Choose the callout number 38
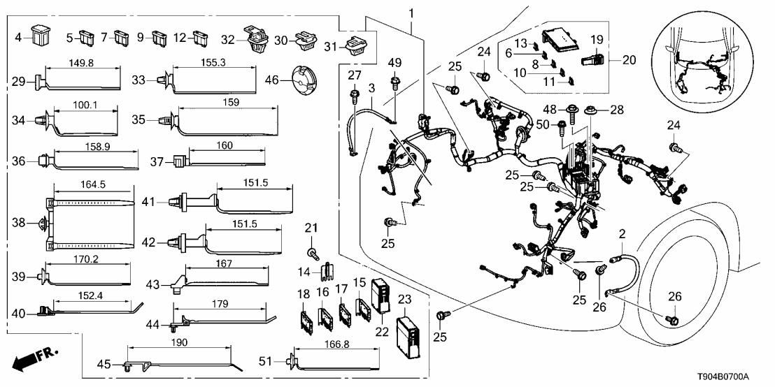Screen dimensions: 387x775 [x=20, y=224]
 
